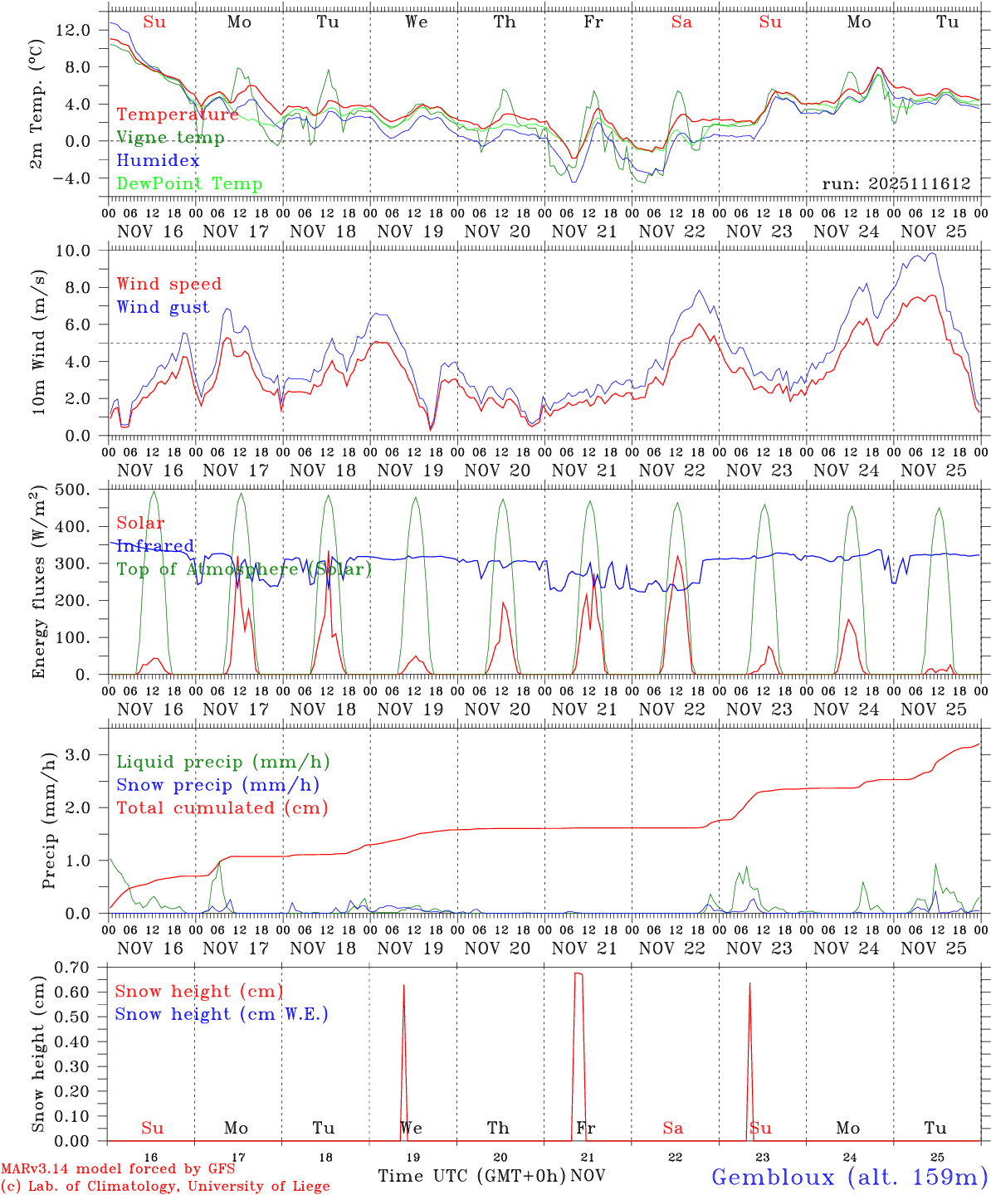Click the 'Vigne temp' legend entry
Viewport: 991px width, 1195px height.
pyautogui.click(x=170, y=138)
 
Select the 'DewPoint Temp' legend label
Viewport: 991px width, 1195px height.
pyautogui.click(x=189, y=184)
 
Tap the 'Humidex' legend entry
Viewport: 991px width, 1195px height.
pyautogui.click(x=158, y=161)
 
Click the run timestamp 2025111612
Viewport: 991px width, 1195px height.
pyautogui.click(x=896, y=184)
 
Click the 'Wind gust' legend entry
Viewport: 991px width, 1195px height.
pyautogui.click(x=163, y=307)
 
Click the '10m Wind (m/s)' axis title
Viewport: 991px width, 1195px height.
pyautogui.click(x=39, y=343)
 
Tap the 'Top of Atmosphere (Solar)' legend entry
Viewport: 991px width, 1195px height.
pyautogui.click(x=244, y=569)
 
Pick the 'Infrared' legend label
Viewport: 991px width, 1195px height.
pyautogui.click(x=155, y=546)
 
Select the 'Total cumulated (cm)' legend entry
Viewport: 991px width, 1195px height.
pyautogui.click(x=222, y=808)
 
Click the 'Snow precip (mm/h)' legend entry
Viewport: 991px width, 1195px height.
pyautogui.click(x=217, y=785)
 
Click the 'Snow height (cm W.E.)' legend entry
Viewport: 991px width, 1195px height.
pyautogui.click(x=222, y=1014)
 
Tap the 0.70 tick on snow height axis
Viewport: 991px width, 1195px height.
pyautogui.click(x=71, y=967)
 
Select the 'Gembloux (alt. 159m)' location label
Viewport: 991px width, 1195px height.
pyautogui.click(x=850, y=1177)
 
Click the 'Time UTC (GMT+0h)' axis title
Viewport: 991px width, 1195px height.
pyautogui.click(x=472, y=1176)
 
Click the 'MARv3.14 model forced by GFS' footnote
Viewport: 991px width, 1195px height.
pyautogui.click(x=118, y=1169)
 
